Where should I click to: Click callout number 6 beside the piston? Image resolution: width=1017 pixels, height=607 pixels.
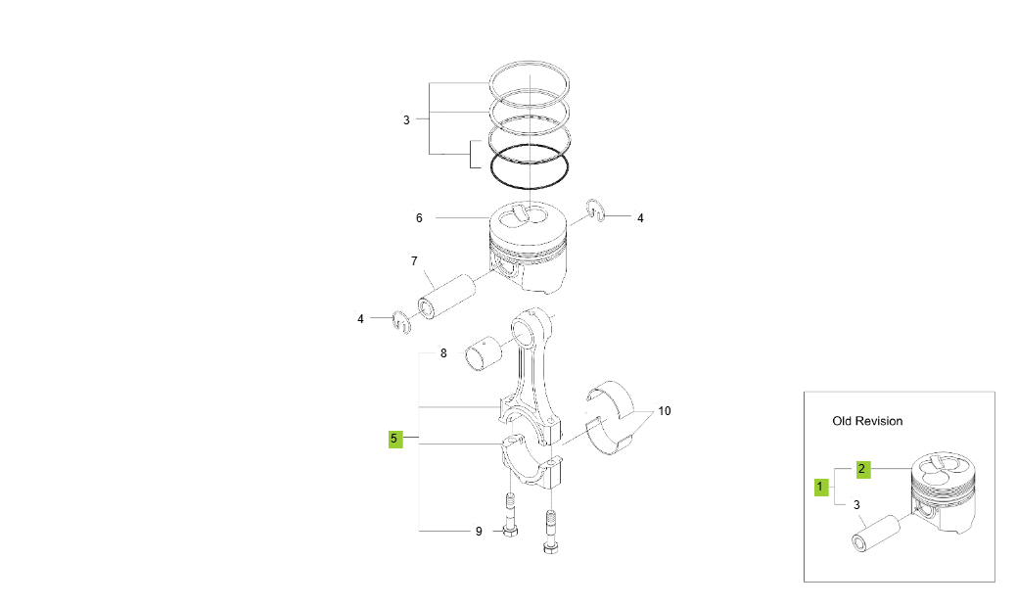coord(419,218)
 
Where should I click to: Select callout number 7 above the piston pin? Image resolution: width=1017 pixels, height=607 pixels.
coord(414,261)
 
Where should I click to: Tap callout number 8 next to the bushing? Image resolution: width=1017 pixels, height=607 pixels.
coord(443,353)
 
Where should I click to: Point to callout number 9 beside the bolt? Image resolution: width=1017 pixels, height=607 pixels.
coord(479,532)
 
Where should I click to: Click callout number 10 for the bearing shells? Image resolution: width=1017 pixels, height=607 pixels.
coord(665,411)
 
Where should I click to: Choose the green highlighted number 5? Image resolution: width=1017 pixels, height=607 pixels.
coord(394,439)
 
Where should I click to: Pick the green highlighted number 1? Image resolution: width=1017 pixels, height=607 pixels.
coord(821,486)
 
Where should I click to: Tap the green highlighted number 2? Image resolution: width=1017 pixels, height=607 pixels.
coord(862,468)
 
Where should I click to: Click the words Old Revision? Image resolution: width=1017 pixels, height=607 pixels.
coord(867,421)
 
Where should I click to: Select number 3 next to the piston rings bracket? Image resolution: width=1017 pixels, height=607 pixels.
coord(406,120)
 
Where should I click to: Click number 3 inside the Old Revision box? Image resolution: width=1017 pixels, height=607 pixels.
coord(856,505)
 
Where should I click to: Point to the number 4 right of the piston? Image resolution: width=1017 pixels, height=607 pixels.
coord(640,218)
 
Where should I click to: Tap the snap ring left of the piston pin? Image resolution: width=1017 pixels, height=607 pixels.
coord(400,320)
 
